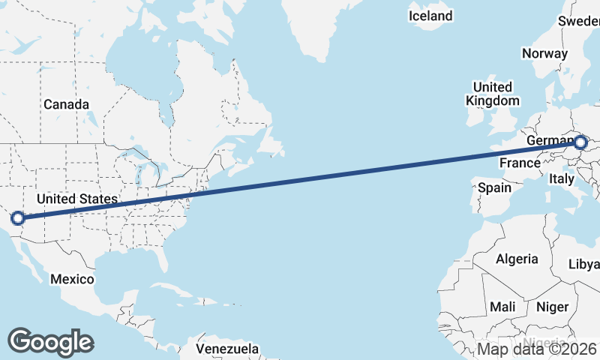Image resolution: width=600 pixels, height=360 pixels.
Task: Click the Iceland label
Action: [431, 16]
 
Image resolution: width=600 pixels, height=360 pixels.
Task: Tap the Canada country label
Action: [66, 104]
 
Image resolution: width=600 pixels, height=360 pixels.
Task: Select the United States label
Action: [77, 199]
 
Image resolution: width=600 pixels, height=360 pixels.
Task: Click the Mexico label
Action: [72, 279]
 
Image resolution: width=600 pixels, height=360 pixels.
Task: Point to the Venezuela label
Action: [227, 349]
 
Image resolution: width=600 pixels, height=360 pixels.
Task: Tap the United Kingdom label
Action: [492, 94]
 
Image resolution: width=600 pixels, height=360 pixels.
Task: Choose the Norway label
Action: [544, 53]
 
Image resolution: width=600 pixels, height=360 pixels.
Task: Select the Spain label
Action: [494, 187]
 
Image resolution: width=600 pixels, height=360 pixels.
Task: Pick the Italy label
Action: [562, 179]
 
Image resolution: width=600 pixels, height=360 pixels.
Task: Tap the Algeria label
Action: [517, 259]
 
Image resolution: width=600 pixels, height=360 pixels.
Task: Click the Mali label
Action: [502, 307]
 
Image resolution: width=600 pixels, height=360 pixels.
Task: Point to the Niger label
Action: [552, 307]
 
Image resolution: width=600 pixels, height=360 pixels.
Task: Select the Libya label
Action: [585, 264]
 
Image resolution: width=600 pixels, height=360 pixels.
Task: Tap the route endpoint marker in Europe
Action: [580, 141]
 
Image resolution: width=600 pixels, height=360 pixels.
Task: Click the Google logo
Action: [51, 341]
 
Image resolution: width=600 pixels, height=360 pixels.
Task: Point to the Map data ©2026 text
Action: [537, 349]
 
